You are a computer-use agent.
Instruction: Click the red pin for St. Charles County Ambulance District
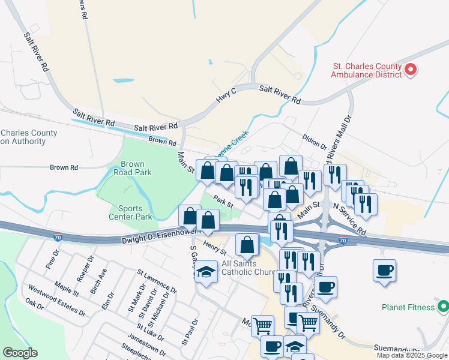tap(411, 70)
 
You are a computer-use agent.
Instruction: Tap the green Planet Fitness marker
tap(443, 307)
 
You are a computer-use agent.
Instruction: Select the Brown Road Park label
tap(136, 168)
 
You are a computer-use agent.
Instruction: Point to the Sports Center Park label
tap(131, 212)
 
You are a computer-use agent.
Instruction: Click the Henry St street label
tap(214, 245)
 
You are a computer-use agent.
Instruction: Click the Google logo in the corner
tap(20, 353)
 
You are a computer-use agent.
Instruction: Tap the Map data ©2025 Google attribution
tap(412, 355)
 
